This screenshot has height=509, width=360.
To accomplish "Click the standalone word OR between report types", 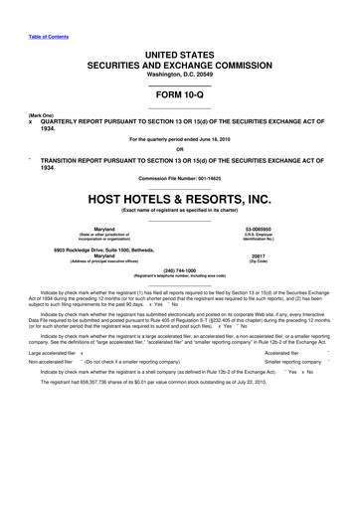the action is click(180, 151).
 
